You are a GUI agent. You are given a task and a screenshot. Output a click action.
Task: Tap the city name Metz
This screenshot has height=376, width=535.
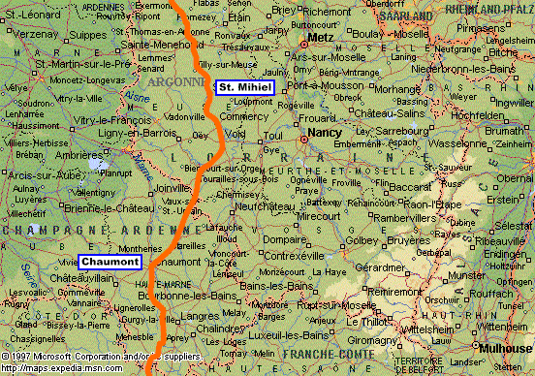coord(320,38)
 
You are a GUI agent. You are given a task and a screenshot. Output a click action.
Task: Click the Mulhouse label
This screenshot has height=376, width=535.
coord(504,345)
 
